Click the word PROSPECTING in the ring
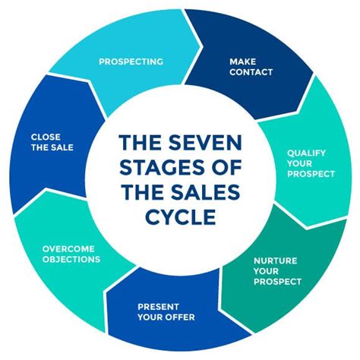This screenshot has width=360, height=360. click(x=130, y=61)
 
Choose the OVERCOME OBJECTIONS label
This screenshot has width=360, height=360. click(x=71, y=254)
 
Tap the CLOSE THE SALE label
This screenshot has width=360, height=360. click(x=52, y=142)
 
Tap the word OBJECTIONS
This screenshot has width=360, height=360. click(x=71, y=259)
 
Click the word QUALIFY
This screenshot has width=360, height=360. click(x=306, y=153)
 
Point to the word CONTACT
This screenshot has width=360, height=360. click(x=251, y=72)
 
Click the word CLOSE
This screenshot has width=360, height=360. click(x=46, y=137)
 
